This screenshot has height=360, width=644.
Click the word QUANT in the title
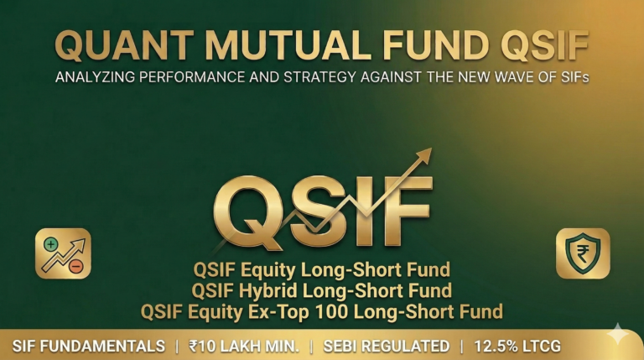pos(124,47)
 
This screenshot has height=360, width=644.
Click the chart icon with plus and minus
pos(63,253)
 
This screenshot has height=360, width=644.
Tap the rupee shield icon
pos(582,253)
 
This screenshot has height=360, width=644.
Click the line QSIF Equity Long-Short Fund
pos(321,270)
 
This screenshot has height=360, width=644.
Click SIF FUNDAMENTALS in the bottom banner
pos(89,346)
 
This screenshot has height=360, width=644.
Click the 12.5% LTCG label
pos(517,346)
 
